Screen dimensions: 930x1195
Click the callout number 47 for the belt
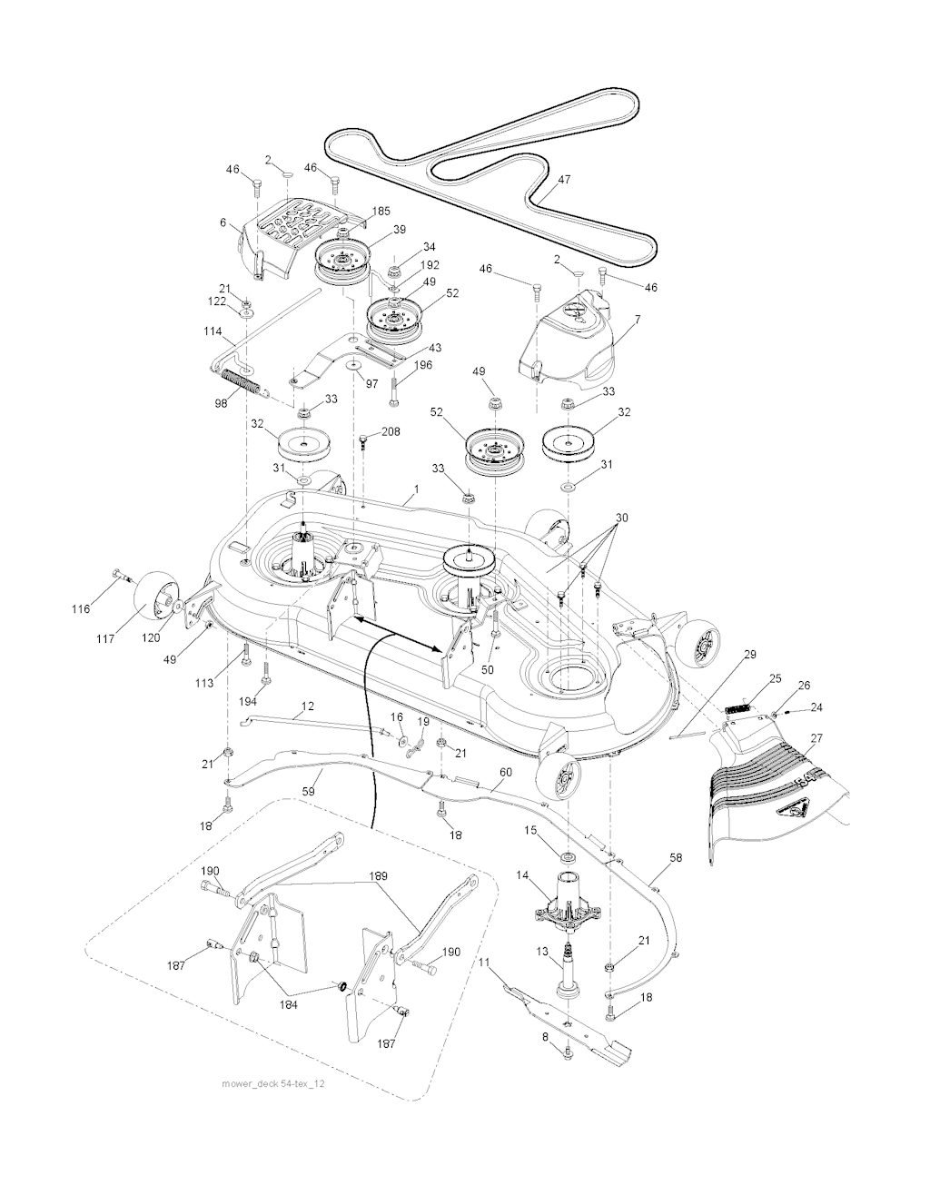(564, 179)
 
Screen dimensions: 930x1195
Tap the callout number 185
(381, 212)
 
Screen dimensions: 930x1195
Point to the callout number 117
(105, 638)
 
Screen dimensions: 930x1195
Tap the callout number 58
(676, 857)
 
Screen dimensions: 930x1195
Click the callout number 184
(288, 1004)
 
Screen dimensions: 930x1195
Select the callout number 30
(622, 518)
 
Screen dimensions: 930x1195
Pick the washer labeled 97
(351, 365)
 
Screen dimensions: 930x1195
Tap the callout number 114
(213, 331)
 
